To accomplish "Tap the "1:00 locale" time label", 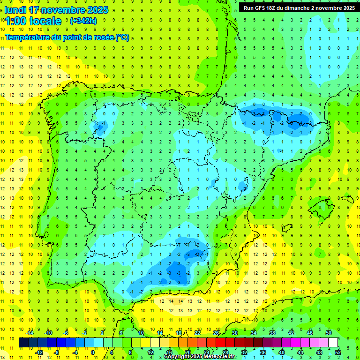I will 33,21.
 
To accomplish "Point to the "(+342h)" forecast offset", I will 83,21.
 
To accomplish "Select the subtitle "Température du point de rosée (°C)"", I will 67,37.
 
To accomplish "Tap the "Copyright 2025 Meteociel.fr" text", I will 200,357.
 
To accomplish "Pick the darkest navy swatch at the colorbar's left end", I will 23,343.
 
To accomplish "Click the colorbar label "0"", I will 93,352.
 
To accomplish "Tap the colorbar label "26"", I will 216,333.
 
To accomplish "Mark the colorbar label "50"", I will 329,333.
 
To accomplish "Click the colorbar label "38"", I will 272,333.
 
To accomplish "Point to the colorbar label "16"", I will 169,352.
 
